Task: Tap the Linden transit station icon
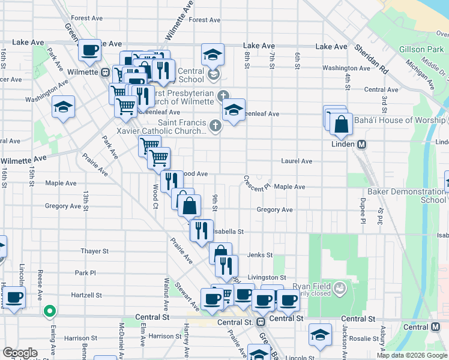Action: pyautogui.click(x=362, y=145)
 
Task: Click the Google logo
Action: pyautogui.click(x=20, y=353)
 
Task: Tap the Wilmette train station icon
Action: pyautogui.click(x=105, y=72)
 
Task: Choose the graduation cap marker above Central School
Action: pyautogui.click(x=212, y=56)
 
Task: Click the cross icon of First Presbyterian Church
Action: pyautogui.click(x=223, y=95)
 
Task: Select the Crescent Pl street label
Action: pyautogui.click(x=258, y=181)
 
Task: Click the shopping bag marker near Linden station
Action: pyautogui.click(x=340, y=124)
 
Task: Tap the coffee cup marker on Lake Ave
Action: pyautogui.click(x=89, y=50)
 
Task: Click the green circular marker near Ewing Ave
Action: pyautogui.click(x=50, y=311)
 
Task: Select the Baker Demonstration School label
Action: pyautogui.click(x=408, y=196)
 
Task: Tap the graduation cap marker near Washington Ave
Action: pyautogui.click(x=63, y=107)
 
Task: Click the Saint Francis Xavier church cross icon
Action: pyautogui.click(x=215, y=125)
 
